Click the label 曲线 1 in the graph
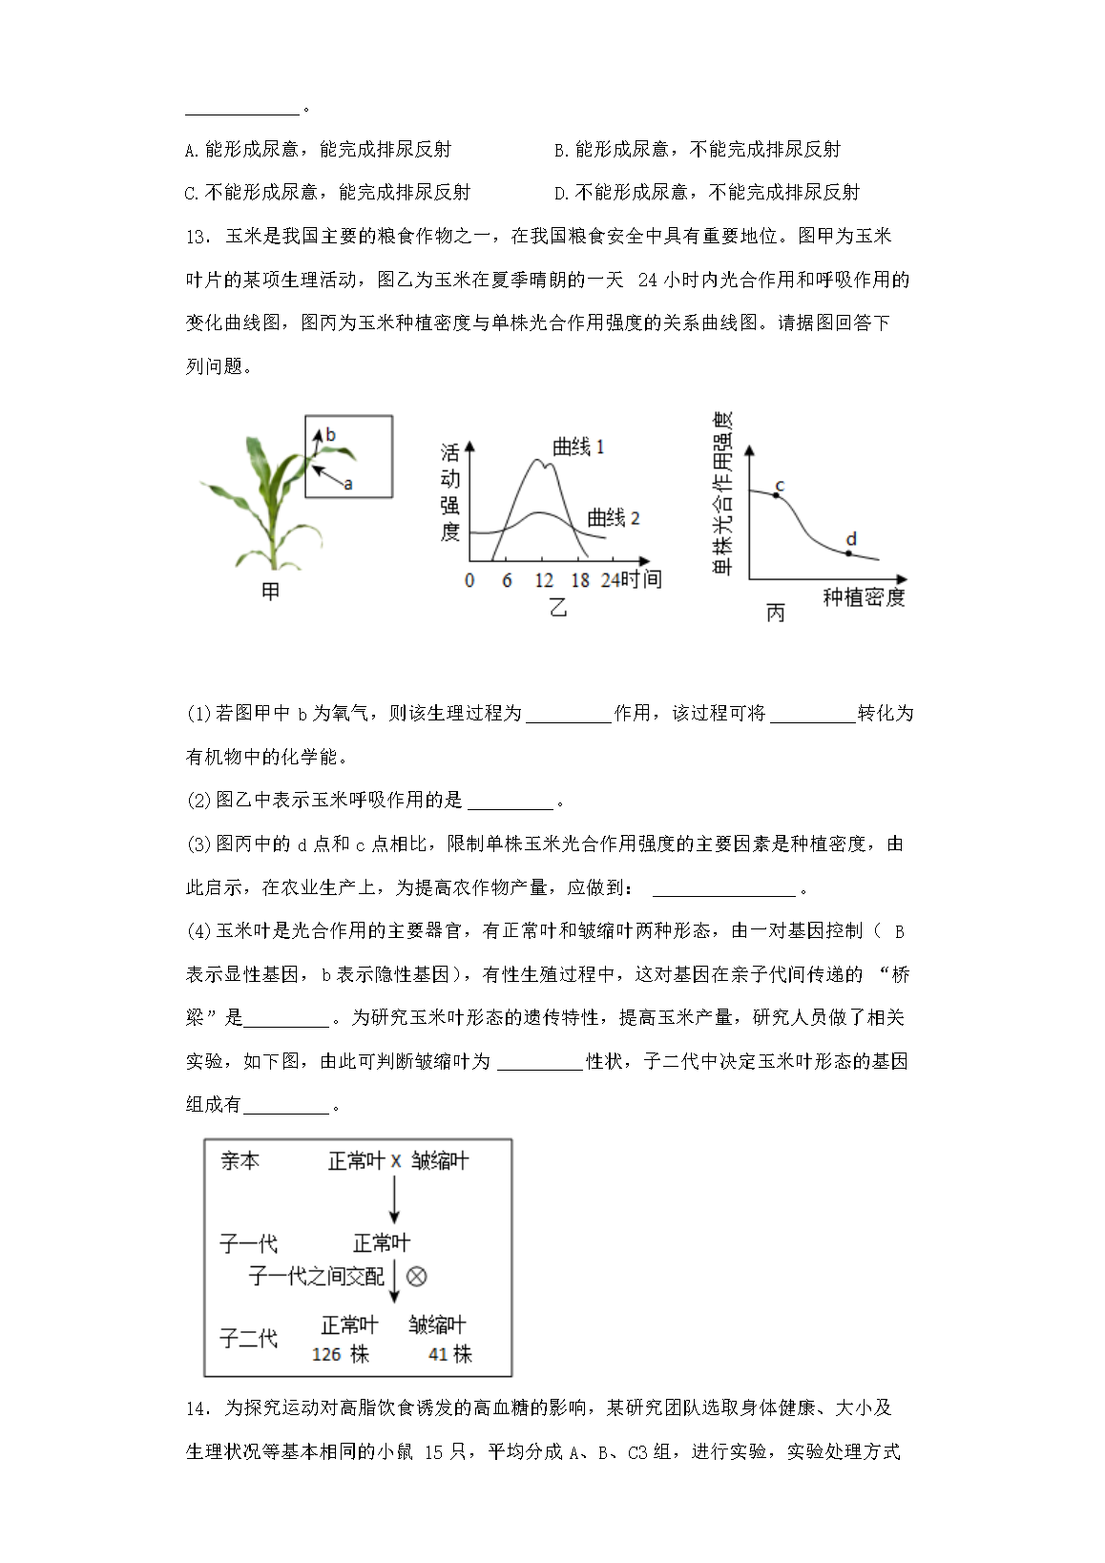pos(578,447)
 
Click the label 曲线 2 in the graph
pos(613,518)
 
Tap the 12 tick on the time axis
pos(543,580)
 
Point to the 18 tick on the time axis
pos(580,580)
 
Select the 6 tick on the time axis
pos(507,580)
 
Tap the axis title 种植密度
pos(864,597)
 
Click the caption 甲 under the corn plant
pos(271,593)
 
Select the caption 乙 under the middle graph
pos(558,607)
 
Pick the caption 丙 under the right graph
pos(776,613)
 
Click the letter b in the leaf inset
pos(330,435)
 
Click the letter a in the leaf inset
pos(348,485)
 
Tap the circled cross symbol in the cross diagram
pos(417,1277)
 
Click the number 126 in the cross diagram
pos(326,1354)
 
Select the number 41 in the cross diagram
pos(438,1354)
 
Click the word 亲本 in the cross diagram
pos(240,1161)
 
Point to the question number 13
pos(197,237)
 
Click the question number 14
pos(197,1408)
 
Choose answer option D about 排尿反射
pos(706,193)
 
